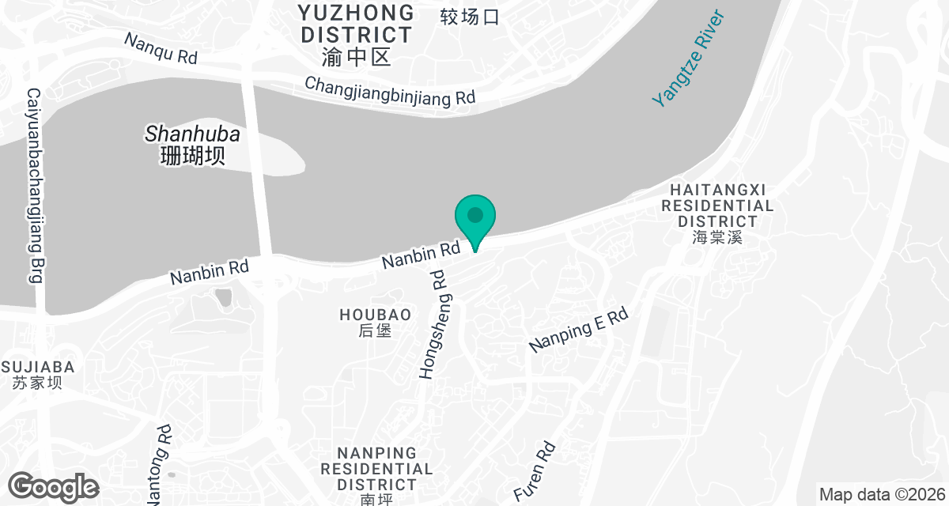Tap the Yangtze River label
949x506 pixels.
pos(687,59)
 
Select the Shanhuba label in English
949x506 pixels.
pos(192,134)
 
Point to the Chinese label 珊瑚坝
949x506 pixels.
pos(192,155)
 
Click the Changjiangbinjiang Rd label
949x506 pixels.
pos(390,90)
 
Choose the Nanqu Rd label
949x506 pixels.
pos(161,47)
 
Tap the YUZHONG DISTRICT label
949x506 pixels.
pos(357,24)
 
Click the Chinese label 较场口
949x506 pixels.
pos(470,17)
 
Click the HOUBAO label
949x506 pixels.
pos(376,315)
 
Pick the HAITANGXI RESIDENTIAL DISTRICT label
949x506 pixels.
pos(717,206)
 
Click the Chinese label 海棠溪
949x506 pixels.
pos(717,237)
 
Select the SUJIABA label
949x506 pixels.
pos(38,367)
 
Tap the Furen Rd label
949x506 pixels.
pos(535,471)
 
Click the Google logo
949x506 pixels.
pos(54,486)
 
